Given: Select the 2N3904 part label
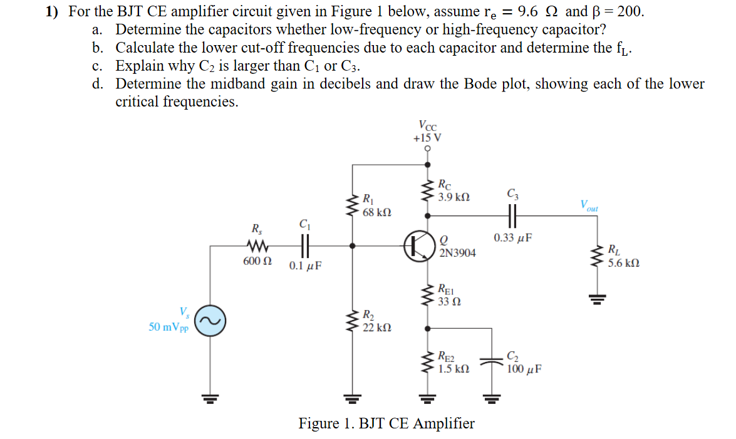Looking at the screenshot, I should (457, 253).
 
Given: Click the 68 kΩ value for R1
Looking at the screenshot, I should (377, 213).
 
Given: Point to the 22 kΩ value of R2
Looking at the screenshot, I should (377, 327).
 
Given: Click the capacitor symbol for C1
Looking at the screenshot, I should (304, 245).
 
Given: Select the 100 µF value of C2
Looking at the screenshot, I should (524, 369).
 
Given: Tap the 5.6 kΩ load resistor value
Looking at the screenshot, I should (623, 264).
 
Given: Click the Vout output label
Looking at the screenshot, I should (589, 205).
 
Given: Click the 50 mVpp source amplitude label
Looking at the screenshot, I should (167, 327).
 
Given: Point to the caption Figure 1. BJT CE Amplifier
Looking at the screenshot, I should (386, 423).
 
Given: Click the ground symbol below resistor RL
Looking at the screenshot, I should (594, 299).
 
